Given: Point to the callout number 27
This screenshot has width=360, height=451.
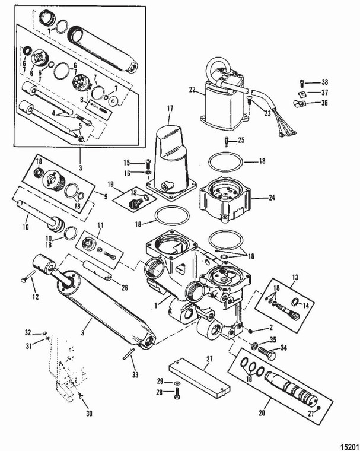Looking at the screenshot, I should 208,359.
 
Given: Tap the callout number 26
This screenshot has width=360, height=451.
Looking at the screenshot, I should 124,288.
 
